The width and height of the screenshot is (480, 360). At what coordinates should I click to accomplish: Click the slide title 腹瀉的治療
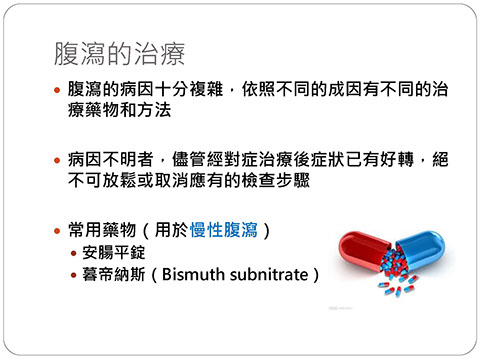[119, 54]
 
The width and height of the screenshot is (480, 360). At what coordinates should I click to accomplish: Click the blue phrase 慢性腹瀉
[224, 230]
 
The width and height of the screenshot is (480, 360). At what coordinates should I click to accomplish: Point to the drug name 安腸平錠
[114, 252]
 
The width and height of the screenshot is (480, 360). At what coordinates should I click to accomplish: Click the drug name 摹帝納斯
[114, 274]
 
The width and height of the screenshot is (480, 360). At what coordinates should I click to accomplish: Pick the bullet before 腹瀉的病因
[57, 90]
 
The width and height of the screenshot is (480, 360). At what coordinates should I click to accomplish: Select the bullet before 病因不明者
[57, 160]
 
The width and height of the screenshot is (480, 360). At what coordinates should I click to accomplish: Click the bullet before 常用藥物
[57, 230]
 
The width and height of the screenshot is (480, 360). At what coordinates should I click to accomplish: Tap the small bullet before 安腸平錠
[74, 253]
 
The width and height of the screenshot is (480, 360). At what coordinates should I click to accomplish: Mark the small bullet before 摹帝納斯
[74, 275]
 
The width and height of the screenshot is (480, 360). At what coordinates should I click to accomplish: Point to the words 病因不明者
[111, 159]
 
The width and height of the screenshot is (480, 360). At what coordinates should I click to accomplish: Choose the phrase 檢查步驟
[276, 180]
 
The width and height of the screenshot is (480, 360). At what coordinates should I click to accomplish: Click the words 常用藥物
[102, 230]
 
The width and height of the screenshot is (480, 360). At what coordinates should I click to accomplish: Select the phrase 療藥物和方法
[119, 110]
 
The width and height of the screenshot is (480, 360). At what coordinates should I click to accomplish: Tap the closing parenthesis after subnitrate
[315, 275]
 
